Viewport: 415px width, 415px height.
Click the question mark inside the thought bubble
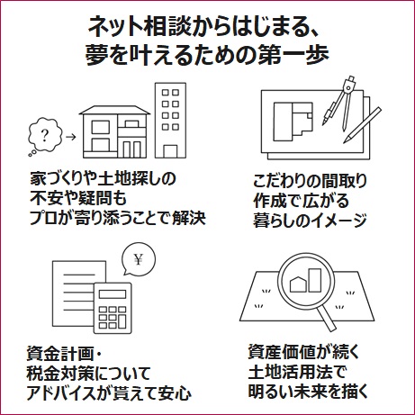(x=45, y=135)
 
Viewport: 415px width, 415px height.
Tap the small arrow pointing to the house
(x=70, y=137)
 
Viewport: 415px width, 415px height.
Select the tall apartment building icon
(x=170, y=121)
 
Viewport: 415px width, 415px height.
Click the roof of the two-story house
(x=114, y=110)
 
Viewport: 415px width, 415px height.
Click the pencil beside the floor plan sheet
(x=363, y=125)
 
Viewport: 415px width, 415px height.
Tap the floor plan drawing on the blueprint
(x=293, y=122)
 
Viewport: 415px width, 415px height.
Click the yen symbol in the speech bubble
(x=138, y=259)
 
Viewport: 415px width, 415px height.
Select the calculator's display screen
(x=113, y=293)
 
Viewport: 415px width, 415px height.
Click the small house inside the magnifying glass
(x=298, y=284)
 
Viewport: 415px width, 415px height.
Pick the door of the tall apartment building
(x=170, y=151)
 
